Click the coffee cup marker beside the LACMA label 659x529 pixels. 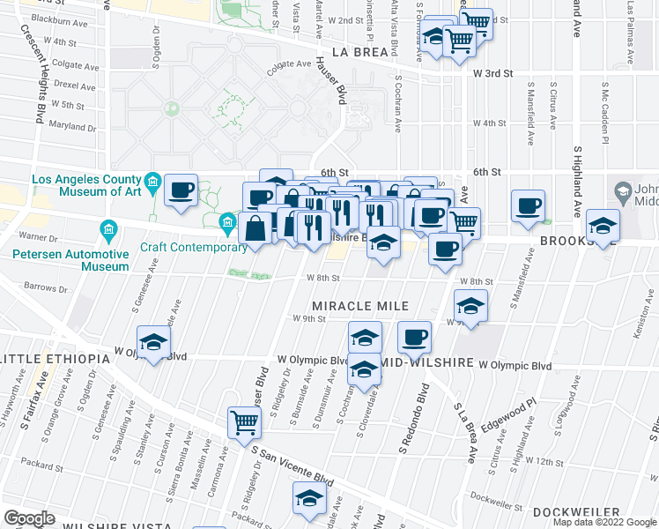tap(181, 190)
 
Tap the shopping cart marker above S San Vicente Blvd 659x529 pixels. tap(243, 421)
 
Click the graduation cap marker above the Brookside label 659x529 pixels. tap(603, 225)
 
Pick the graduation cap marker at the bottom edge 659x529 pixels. tap(309, 498)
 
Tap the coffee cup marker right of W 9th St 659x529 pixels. tap(414, 336)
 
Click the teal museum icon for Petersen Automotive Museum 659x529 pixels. tap(108, 230)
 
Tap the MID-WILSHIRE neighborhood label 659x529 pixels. tap(431, 363)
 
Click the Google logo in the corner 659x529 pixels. tap(29, 518)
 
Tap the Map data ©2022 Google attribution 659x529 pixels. tap(603, 522)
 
